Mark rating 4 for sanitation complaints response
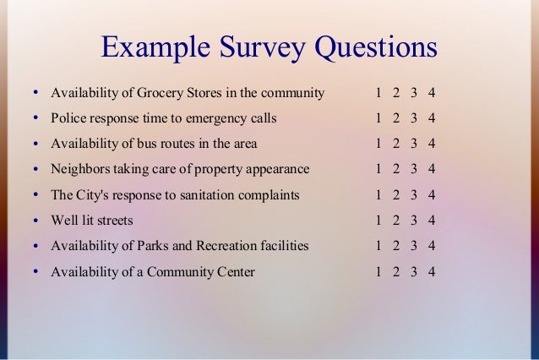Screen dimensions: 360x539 pos(432,195)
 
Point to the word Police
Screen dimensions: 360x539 pos(69,117)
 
